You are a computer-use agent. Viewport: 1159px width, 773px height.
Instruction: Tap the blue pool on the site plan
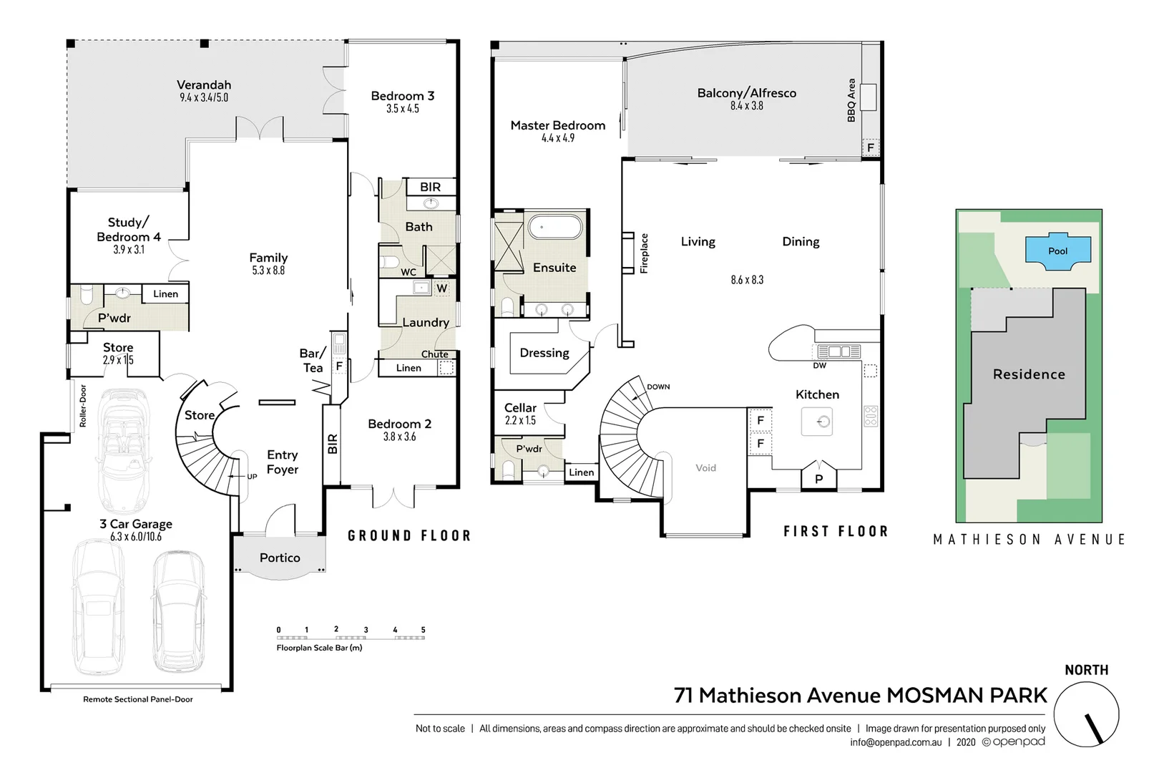[x=1057, y=252]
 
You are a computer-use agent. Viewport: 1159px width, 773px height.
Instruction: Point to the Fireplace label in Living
[x=644, y=253]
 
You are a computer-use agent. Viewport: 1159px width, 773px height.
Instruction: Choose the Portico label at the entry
[x=280, y=558]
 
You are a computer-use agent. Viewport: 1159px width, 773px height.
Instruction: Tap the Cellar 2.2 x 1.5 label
[x=520, y=413]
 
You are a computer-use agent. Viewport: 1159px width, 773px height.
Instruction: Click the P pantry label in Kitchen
[x=819, y=479]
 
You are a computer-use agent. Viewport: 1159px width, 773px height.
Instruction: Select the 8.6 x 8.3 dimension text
[x=747, y=280]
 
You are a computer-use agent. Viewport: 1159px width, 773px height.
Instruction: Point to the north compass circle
[x=1086, y=714]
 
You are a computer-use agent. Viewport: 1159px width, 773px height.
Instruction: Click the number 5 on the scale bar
[x=423, y=630]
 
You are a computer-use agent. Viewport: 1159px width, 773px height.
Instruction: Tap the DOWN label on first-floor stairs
[x=658, y=386]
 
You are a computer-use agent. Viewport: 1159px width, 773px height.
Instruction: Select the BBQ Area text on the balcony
[x=851, y=100]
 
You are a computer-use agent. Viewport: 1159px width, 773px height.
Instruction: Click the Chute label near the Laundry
[x=434, y=354]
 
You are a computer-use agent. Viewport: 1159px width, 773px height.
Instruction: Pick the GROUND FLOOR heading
[x=409, y=535]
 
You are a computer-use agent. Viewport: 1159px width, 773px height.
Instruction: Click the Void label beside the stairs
[x=705, y=468]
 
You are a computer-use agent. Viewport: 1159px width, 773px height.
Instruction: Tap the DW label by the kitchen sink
[x=819, y=366]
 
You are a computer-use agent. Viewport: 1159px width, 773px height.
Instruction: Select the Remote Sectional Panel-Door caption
[x=137, y=699]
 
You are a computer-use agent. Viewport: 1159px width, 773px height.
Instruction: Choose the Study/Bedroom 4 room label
[x=129, y=230]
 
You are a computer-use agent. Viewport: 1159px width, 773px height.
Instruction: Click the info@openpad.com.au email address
[x=896, y=742]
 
